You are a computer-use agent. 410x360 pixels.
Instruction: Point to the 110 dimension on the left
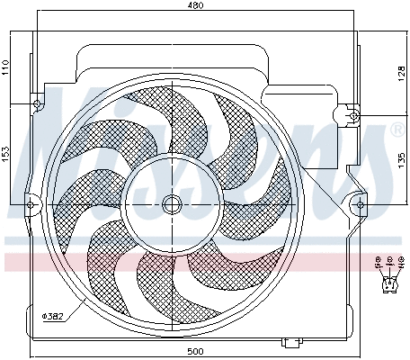coord(5,67)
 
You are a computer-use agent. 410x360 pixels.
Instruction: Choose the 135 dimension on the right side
coord(401,160)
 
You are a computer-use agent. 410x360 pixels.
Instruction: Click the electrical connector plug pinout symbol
coord(388,284)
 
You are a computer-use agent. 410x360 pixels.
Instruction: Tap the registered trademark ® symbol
coord(396,132)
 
